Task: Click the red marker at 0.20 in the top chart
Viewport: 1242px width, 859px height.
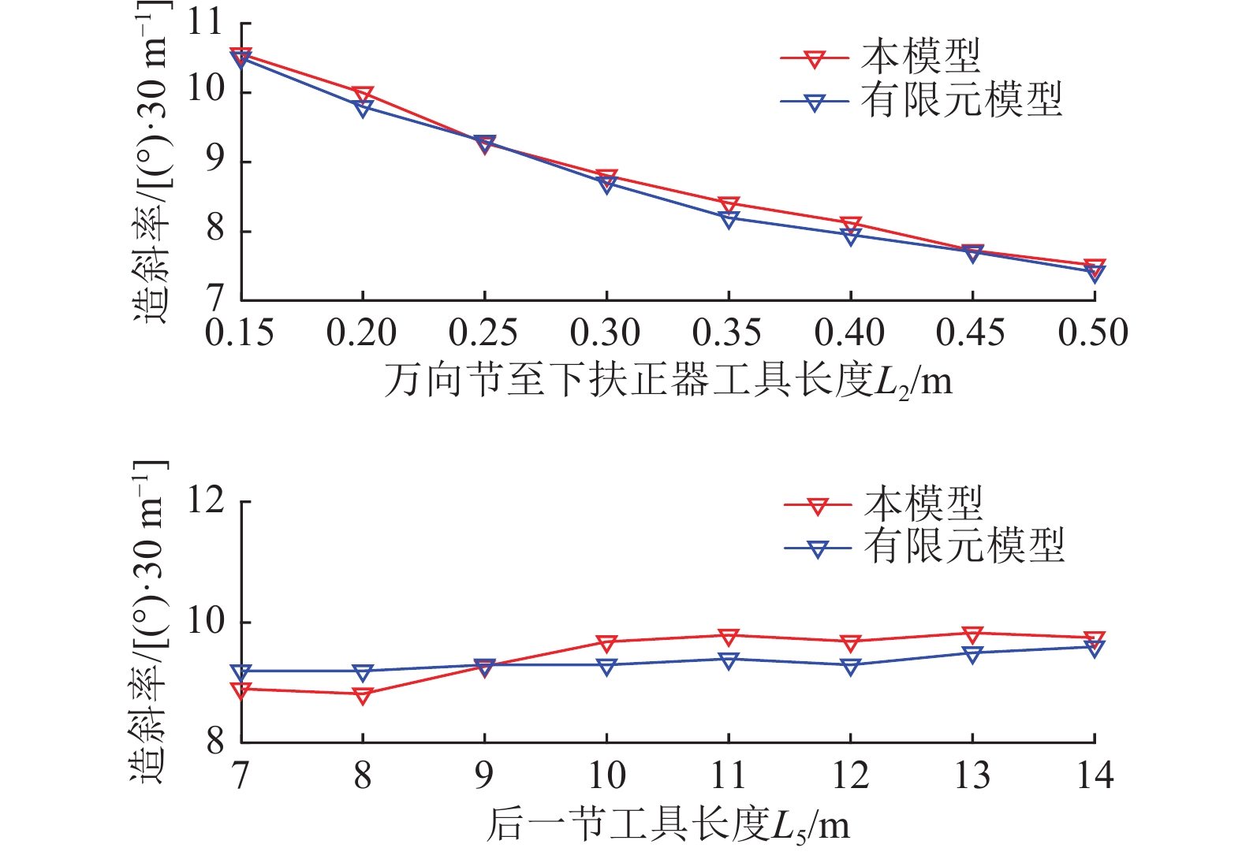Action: pos(363,95)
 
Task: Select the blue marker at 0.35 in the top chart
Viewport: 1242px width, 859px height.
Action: pos(729,218)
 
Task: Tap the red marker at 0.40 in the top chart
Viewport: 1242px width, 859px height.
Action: pos(850,225)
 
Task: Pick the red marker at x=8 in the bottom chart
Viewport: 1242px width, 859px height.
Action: pos(363,695)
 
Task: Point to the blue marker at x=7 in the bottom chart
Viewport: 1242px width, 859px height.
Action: pos(241,672)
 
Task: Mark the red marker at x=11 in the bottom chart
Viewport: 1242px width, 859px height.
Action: pos(729,636)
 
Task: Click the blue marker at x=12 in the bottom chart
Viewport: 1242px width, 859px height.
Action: pos(850,667)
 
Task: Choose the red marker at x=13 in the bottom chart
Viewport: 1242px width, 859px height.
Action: pos(972,634)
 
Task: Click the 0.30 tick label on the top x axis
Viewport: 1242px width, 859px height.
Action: pos(606,333)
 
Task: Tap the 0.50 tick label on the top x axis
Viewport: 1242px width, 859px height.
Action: pos(1094,333)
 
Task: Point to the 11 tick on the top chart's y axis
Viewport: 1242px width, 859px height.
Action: pos(206,23)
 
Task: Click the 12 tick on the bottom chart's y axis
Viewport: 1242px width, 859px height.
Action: pos(206,501)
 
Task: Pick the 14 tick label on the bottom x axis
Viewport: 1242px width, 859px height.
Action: pos(1095,776)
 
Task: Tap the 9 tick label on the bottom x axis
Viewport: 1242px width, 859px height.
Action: pos(484,776)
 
